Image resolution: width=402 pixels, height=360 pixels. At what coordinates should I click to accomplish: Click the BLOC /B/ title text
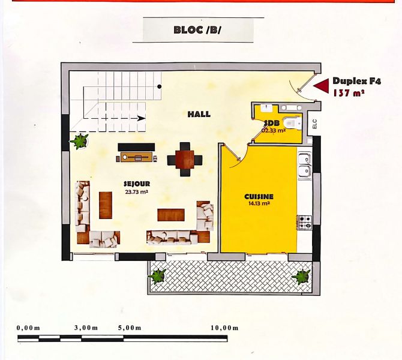pos(197,30)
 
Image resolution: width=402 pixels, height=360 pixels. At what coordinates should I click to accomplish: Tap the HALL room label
pos(199,114)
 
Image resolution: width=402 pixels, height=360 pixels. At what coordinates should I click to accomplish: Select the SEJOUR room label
pos(137,184)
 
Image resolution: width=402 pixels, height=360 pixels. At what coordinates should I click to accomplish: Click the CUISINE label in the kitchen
pos(259,197)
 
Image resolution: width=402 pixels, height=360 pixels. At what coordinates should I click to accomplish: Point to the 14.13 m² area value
pos(259,203)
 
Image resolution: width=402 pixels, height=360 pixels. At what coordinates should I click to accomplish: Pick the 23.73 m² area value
pos(136,191)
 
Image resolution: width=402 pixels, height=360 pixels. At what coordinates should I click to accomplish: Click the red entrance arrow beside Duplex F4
pos(321,86)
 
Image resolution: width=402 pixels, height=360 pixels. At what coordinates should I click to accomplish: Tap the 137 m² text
pos(349,92)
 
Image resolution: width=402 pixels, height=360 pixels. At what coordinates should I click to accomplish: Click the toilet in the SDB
pos(292,122)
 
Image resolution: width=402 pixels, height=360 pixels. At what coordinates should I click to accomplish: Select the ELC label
pos(315,124)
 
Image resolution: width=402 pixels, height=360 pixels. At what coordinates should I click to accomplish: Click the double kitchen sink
pos(305,166)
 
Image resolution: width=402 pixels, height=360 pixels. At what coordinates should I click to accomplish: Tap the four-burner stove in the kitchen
pos(305,222)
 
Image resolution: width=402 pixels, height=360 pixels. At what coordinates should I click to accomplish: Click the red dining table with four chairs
pos(185,159)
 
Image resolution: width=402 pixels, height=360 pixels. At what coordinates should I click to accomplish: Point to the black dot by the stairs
pos(160,86)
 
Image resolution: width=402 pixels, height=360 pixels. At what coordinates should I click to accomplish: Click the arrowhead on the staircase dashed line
pos(142,118)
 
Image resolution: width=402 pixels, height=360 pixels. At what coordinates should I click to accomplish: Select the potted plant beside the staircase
pos(79,141)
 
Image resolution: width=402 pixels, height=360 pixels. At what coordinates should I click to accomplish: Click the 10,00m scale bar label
pos(224,328)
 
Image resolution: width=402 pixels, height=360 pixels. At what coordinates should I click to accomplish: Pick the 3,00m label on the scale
pos(86,328)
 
